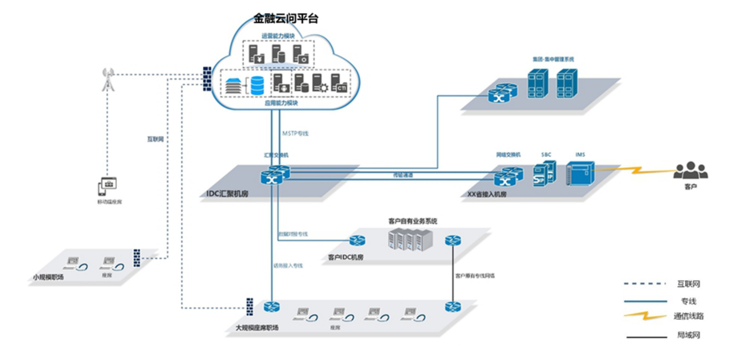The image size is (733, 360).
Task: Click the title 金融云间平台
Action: pyautogui.click(x=286, y=18)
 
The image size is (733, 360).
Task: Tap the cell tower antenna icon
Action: pyautogui.click(x=108, y=79)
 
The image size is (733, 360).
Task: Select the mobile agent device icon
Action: pyautogui.click(x=107, y=186)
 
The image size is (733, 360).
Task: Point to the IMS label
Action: pyautogui.click(x=580, y=155)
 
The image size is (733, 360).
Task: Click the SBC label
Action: pyautogui.click(x=546, y=155)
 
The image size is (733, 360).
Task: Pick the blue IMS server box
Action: pyautogui.click(x=580, y=173)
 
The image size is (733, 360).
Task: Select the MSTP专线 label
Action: pyautogui.click(x=295, y=133)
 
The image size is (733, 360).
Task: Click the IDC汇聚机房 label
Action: pyautogui.click(x=227, y=193)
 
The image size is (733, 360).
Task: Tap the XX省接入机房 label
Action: pyautogui.click(x=487, y=194)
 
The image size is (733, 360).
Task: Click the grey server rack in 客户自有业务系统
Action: pyautogui.click(x=410, y=240)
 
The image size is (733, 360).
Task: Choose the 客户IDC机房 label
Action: pyautogui.click(x=346, y=257)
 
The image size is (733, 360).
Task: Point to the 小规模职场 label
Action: pyautogui.click(x=48, y=277)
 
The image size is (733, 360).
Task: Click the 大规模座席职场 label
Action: pyautogui.click(x=257, y=328)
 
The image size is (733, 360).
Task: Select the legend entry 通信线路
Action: pyautogui.click(x=688, y=316)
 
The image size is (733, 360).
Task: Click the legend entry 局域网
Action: pyautogui.click(x=688, y=335)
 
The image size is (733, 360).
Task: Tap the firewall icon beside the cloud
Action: pyautogui.click(x=207, y=79)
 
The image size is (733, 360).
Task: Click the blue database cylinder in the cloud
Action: pyautogui.click(x=257, y=85)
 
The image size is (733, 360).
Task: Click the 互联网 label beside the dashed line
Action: pyautogui.click(x=155, y=139)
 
